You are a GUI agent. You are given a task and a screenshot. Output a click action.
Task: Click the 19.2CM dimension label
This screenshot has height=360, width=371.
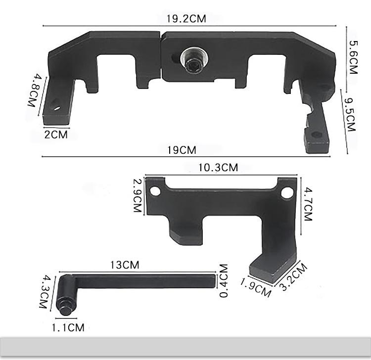(186, 19)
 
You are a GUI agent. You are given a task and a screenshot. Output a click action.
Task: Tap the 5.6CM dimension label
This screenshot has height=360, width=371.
(354, 57)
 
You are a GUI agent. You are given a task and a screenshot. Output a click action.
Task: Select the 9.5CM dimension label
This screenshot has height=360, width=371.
(350, 115)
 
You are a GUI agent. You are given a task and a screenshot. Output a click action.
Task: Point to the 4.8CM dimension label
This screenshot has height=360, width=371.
(35, 90)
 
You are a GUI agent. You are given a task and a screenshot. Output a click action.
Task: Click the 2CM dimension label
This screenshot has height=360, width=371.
(56, 135)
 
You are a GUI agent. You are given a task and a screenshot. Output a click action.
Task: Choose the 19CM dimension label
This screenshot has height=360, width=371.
(182, 150)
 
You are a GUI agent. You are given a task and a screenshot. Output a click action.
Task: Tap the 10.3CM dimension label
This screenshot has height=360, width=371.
(218, 168)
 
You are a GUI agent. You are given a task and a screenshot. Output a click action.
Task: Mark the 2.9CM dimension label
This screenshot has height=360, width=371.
(138, 195)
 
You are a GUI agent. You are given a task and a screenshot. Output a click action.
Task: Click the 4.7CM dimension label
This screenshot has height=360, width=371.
(308, 204)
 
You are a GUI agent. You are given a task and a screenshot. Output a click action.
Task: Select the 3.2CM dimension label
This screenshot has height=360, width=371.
(293, 276)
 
